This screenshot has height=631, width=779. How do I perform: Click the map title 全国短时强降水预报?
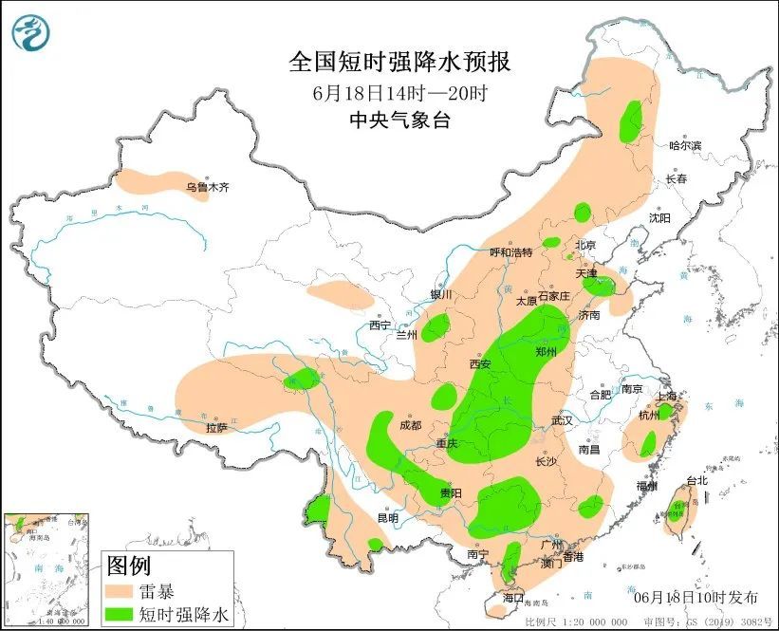(x=399, y=63)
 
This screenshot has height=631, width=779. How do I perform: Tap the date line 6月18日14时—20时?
(x=399, y=93)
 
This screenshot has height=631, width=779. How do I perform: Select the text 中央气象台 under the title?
(x=399, y=120)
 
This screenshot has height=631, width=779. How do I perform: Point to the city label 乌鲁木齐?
(x=207, y=188)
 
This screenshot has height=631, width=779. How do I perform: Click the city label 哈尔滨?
(x=684, y=146)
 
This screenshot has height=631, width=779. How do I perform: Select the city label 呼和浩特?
(x=510, y=252)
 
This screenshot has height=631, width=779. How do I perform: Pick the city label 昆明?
(x=389, y=518)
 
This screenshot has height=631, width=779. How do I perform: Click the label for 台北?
(x=696, y=481)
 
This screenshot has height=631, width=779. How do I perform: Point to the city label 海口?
(x=513, y=599)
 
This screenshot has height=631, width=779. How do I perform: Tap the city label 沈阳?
(x=659, y=218)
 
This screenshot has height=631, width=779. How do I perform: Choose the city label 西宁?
(x=380, y=326)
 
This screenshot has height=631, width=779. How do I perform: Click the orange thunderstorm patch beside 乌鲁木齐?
(x=152, y=178)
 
